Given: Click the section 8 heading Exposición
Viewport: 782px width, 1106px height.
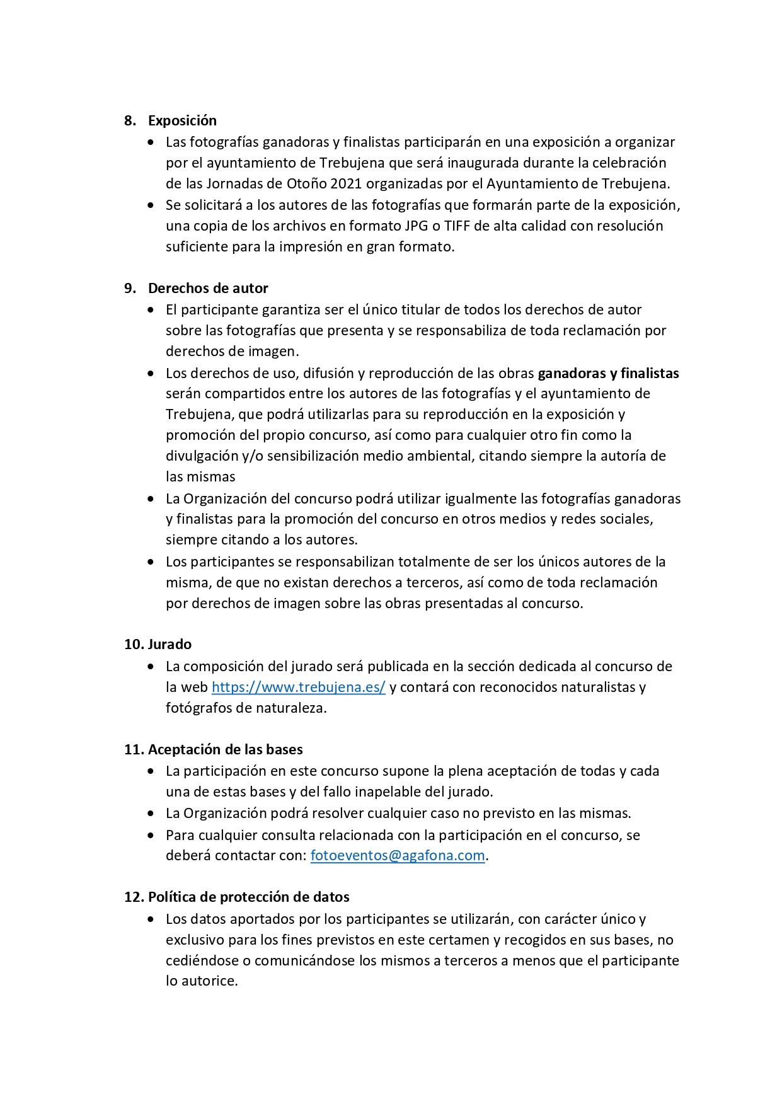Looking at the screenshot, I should click(182, 120).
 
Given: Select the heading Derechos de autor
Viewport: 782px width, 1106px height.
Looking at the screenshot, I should click(208, 288).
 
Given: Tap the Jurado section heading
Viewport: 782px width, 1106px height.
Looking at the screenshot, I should click(170, 644).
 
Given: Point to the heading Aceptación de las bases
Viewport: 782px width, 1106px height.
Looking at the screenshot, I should click(225, 749).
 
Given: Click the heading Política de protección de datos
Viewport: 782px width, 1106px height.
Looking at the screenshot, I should click(248, 897).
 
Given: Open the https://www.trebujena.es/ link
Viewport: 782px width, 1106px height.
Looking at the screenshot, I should click(298, 687).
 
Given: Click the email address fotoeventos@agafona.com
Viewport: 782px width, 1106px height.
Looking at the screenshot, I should click(398, 855).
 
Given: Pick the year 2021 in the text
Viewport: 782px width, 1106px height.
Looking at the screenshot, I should click(345, 183).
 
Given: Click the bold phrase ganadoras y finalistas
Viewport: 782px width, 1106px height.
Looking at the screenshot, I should click(608, 373).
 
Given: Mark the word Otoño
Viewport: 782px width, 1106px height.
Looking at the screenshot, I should click(308, 183).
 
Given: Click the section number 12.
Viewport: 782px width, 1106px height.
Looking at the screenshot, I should click(134, 897).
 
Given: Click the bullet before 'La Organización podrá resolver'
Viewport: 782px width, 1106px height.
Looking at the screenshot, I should click(150, 814).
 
